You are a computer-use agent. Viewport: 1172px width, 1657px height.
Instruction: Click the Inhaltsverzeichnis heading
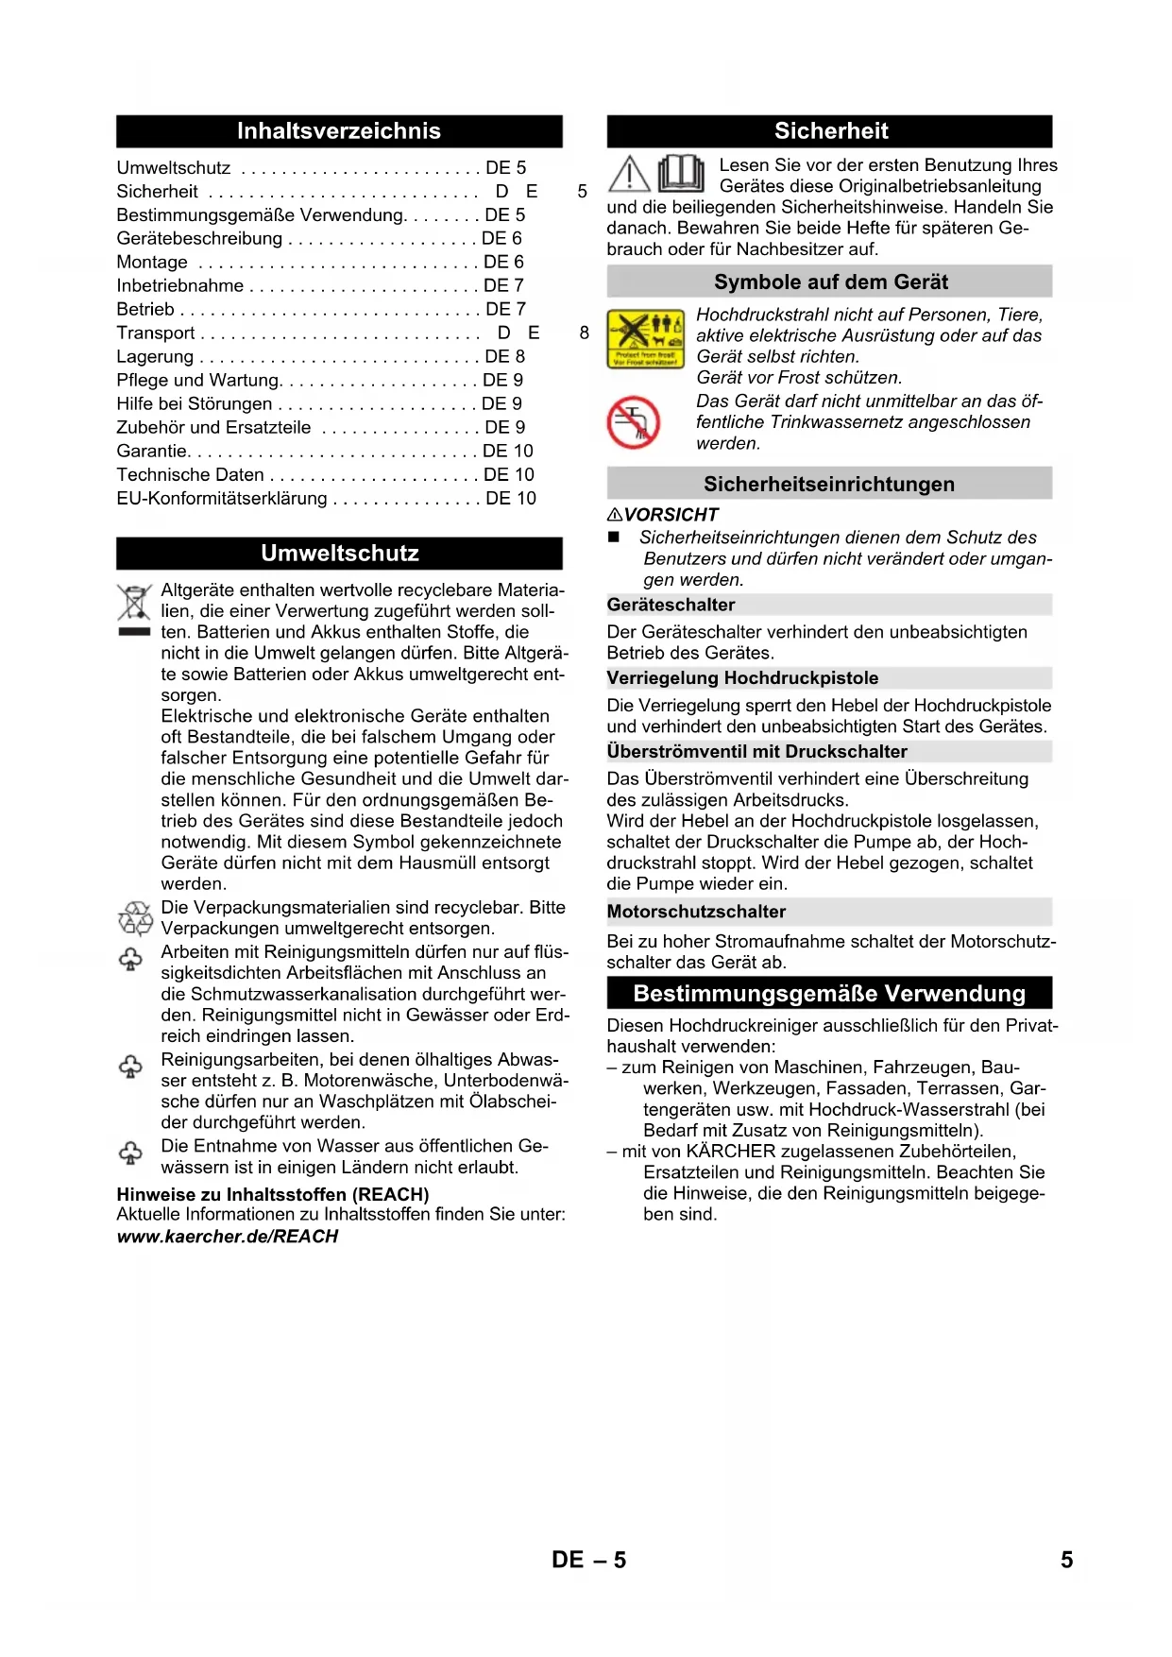coord(339,131)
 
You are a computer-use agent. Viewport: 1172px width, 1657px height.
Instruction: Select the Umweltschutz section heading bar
coord(339,554)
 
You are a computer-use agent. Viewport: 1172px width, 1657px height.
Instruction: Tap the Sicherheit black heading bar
coord(830,131)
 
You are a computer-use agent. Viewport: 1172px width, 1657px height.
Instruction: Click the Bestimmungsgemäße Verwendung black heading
coord(829,994)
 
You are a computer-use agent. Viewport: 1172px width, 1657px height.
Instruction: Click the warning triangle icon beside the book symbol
coord(629,174)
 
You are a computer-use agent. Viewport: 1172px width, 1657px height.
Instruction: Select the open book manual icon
coord(681,174)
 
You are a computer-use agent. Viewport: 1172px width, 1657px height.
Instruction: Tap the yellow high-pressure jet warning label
coord(646,338)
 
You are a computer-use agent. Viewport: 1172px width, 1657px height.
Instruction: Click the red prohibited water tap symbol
coord(634,422)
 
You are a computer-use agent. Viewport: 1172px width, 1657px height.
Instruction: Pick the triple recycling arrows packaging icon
coord(135,918)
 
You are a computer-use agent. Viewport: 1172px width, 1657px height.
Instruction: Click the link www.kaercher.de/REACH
coord(228,1237)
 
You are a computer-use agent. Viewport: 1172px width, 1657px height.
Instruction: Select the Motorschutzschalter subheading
coord(696,912)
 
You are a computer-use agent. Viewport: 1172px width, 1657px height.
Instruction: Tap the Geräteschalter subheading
coord(671,605)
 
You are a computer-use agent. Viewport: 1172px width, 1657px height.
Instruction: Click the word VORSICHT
coord(671,515)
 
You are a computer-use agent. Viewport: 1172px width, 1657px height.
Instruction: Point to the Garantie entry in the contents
coord(151,452)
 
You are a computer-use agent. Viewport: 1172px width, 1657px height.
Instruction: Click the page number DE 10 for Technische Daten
coord(509,475)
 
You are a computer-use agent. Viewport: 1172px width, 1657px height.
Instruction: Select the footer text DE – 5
coord(588,1560)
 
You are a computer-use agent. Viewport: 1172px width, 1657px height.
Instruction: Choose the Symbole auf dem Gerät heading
coord(830,282)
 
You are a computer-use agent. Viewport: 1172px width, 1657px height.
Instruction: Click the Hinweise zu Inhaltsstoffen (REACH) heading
coord(273,1195)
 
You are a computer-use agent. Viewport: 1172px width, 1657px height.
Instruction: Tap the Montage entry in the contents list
coord(152,263)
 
